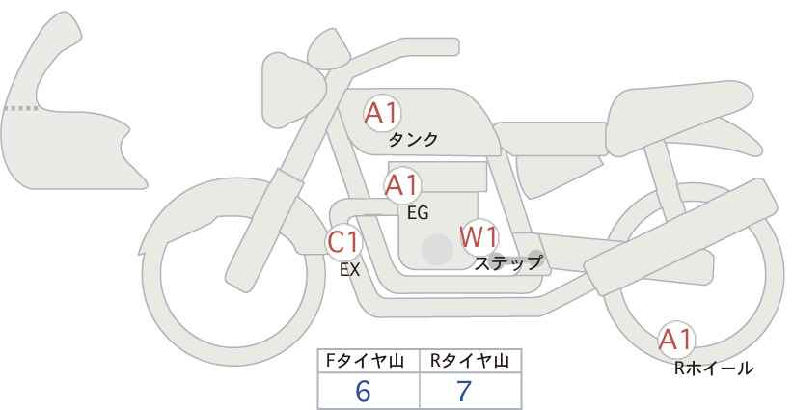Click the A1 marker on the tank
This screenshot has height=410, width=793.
pyautogui.click(x=382, y=113)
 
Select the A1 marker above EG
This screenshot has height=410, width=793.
pyautogui.click(x=402, y=185)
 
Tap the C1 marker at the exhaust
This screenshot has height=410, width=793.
pyautogui.click(x=343, y=242)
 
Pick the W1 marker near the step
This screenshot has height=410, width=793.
pyautogui.click(x=479, y=237)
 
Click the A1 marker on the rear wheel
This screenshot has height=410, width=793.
pyautogui.click(x=675, y=340)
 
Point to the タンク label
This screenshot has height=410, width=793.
pyautogui.click(x=413, y=140)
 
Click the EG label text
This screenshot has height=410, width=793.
pyautogui.click(x=419, y=213)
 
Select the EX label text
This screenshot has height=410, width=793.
pyautogui.click(x=350, y=270)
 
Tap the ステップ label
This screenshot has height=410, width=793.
pyautogui.click(x=507, y=263)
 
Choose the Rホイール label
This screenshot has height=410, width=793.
pyautogui.click(x=714, y=369)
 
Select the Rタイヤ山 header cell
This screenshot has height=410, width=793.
pyautogui.click(x=471, y=361)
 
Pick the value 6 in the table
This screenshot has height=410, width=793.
pyautogui.click(x=363, y=391)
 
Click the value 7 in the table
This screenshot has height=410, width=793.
pyautogui.click(x=464, y=391)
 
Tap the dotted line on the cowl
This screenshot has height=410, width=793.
pyautogui.click(x=21, y=108)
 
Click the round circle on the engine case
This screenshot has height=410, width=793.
pyautogui.click(x=437, y=250)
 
